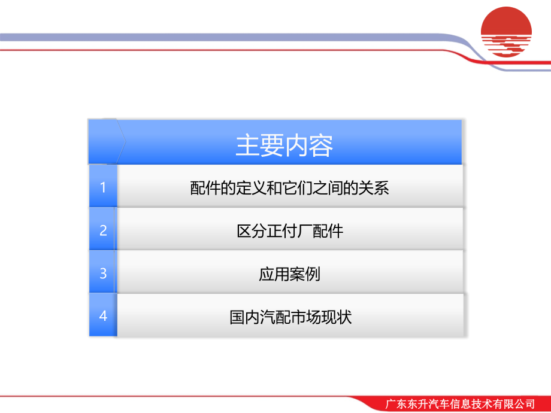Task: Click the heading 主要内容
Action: [x=284, y=145]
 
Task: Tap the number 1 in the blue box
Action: [x=103, y=187]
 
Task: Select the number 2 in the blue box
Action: [x=103, y=230]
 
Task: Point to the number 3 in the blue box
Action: [x=103, y=273]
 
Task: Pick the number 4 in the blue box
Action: [x=103, y=315]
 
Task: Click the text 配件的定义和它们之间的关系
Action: [x=290, y=188]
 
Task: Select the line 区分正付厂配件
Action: [x=290, y=230]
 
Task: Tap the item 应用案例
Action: [x=290, y=274]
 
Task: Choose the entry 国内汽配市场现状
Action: [x=290, y=316]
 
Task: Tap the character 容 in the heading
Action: [x=321, y=145]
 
